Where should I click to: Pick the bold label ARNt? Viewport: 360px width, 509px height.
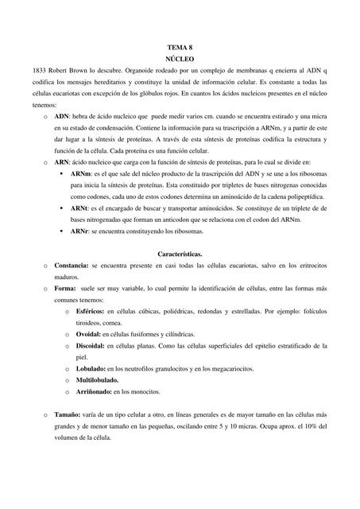pyautogui.click(x=79, y=208)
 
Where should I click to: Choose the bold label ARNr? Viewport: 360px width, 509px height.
pyautogui.click(x=79, y=231)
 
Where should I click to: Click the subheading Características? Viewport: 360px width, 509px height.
pyautogui.click(x=180, y=253)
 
